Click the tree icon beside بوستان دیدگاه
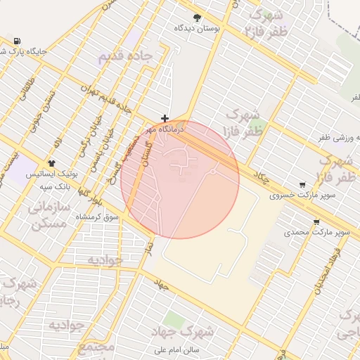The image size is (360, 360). point(197,18)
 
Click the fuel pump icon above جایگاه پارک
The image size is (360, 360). point(15,41)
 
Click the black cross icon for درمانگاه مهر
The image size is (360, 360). point(165,119)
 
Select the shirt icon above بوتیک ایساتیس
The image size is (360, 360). point(52,162)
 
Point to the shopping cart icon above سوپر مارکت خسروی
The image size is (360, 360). point(302,184)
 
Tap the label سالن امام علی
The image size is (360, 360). point(198,349)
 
